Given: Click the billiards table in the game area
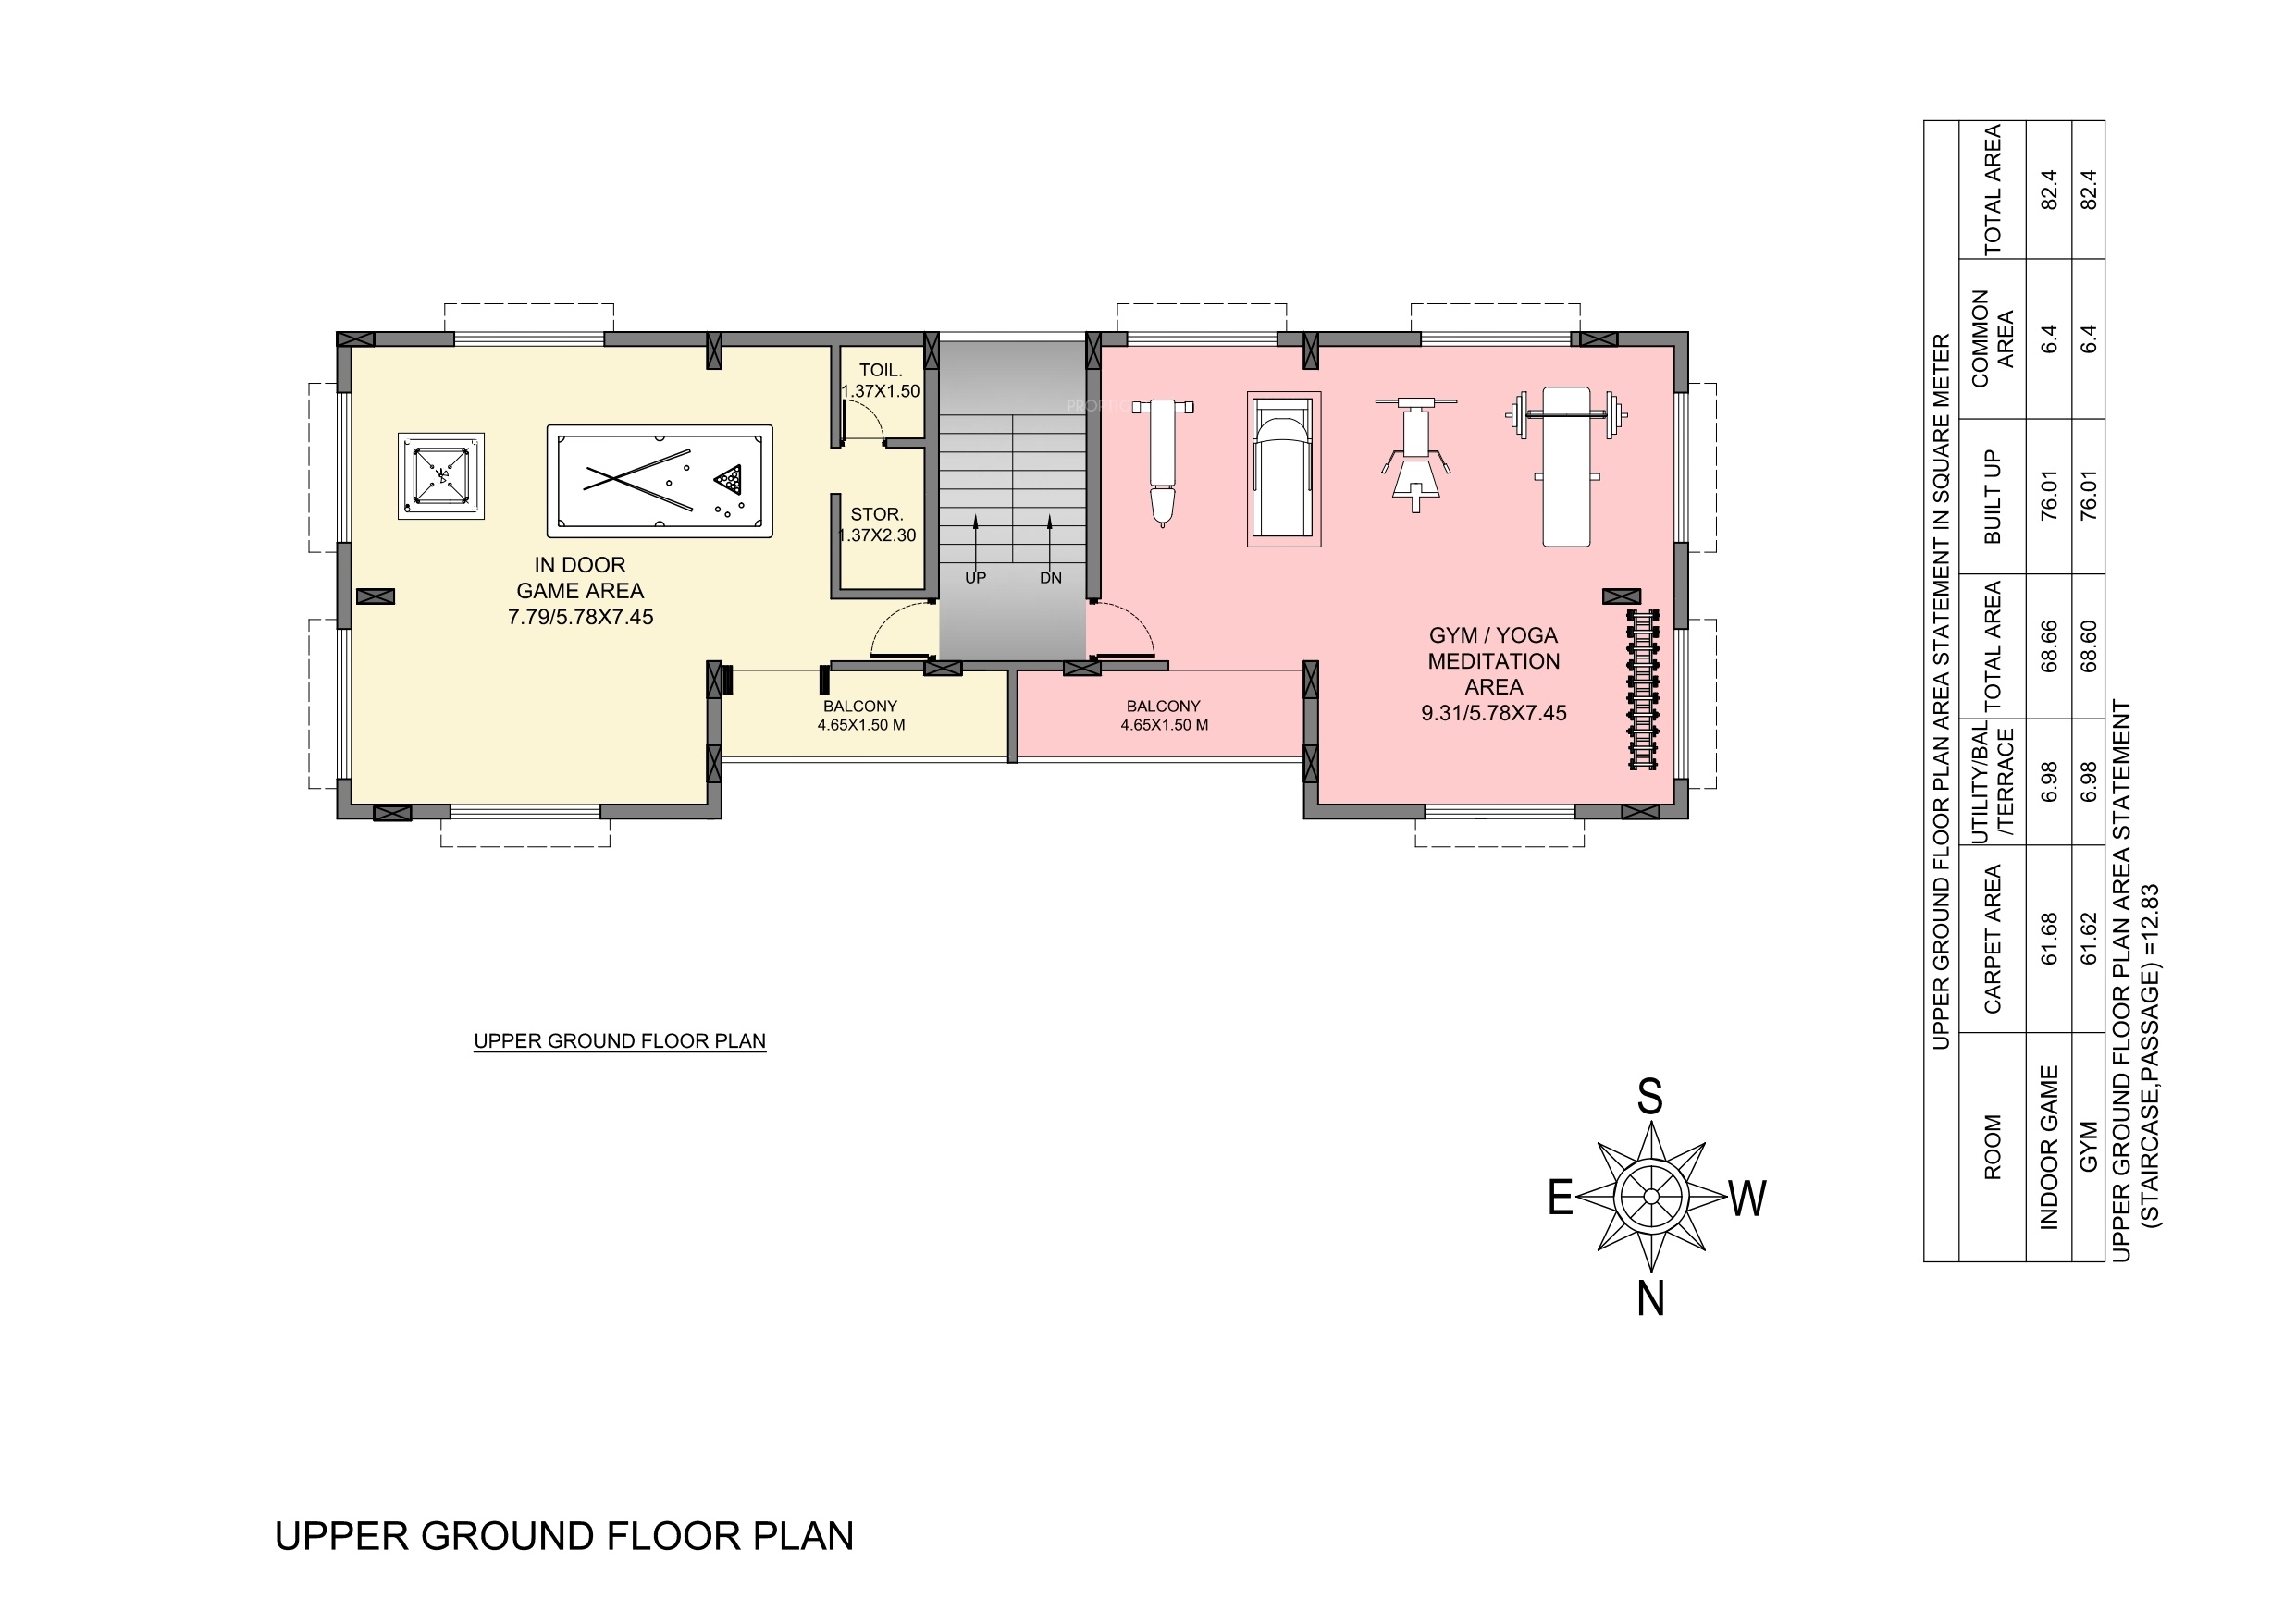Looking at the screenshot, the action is [660, 481].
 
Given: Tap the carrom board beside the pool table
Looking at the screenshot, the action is [441, 476].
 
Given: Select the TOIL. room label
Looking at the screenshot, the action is [881, 370].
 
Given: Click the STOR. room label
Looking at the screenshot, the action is [877, 514].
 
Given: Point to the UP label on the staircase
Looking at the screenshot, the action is [976, 578].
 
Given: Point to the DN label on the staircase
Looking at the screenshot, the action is [1051, 578].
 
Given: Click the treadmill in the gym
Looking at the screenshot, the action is [1284, 469].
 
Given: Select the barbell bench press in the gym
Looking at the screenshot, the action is [1566, 466].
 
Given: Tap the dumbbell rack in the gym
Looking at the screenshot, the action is [1643, 690].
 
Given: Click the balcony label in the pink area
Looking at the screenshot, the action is [1164, 706].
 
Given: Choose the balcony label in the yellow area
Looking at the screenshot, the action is [861, 706].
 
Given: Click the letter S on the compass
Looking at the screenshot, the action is [1650, 1097].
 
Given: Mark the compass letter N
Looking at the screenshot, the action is [1651, 1299].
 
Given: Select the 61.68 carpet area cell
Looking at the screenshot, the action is [2049, 938].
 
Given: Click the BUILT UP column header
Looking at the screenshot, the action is [1992, 497].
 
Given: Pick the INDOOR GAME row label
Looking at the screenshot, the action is [2049, 1147].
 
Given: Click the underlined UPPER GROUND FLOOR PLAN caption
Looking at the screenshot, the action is [620, 1041].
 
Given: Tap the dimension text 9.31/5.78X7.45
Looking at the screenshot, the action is [1494, 713].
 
